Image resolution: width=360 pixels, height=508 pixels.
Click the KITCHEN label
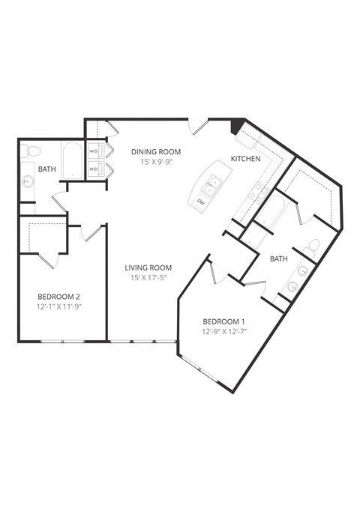coord(245,159)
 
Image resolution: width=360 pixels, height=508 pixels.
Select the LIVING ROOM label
coord(148,267)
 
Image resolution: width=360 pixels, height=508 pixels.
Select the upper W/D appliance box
coord(94,151)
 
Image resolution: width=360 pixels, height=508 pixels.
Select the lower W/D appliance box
coord(94,170)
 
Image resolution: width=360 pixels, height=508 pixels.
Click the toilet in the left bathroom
coord(28,151)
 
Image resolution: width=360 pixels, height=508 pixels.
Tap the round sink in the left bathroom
coord(28,181)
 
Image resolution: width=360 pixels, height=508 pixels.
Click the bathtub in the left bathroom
coord(72,161)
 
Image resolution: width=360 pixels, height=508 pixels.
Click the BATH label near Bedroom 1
coord(278,258)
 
